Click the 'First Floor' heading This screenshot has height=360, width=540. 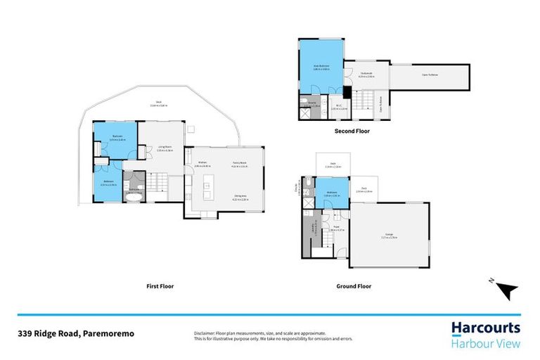tap(160, 286)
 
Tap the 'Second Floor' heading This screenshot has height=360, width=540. tap(352, 131)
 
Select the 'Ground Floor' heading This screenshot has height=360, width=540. tap(354, 286)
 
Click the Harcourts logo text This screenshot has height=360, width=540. tap(485, 328)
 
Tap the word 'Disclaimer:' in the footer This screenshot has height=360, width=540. tap(205, 332)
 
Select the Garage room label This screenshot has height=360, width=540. tap(389, 236)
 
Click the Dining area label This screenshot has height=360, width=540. tap(240, 198)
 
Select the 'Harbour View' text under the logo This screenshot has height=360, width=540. tap(485, 344)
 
